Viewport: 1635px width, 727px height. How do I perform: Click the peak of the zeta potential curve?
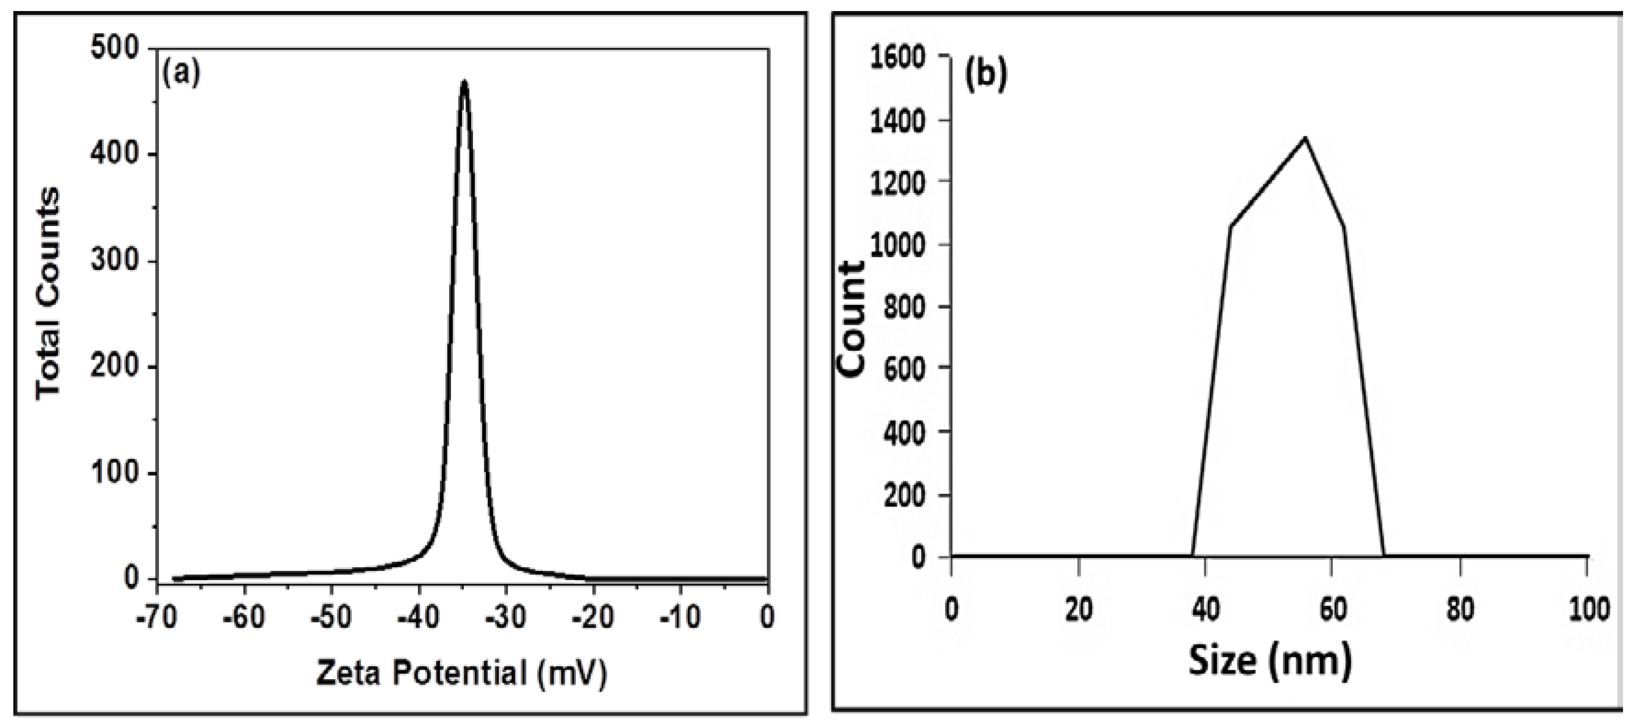pyautogui.click(x=465, y=83)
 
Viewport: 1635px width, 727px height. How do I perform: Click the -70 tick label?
pyautogui.click(x=155, y=616)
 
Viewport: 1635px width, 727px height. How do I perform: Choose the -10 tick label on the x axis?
pyautogui.click(x=680, y=616)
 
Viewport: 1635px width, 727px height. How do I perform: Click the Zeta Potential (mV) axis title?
pyautogui.click(x=462, y=672)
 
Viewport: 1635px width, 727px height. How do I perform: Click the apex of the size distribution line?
pyautogui.click(x=1305, y=138)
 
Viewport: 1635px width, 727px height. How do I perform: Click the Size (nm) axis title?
pyautogui.click(x=1270, y=661)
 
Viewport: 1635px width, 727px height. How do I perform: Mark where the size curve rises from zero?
pyautogui.click(x=1193, y=556)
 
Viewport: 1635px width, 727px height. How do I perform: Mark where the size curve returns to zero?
pyautogui.click(x=1383, y=556)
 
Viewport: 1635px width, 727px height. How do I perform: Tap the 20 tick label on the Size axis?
pyautogui.click(x=1078, y=609)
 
